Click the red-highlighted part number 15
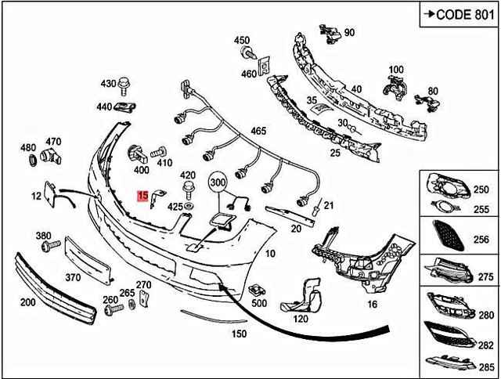(x=142, y=196)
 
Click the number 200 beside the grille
(x=27, y=301)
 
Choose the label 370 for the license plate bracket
(x=74, y=277)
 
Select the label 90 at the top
(x=349, y=32)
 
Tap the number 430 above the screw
(x=107, y=82)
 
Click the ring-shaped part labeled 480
(x=33, y=161)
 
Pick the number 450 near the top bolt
(x=242, y=40)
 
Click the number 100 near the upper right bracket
(x=396, y=70)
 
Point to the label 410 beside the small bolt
(x=164, y=164)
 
